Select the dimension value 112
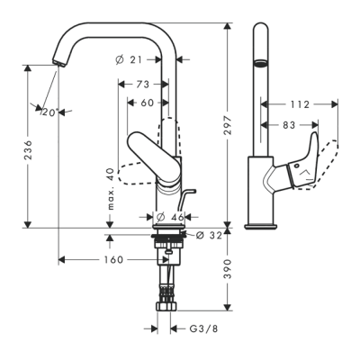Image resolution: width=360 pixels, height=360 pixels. (301, 104)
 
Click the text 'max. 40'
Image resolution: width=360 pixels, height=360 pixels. (109, 186)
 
